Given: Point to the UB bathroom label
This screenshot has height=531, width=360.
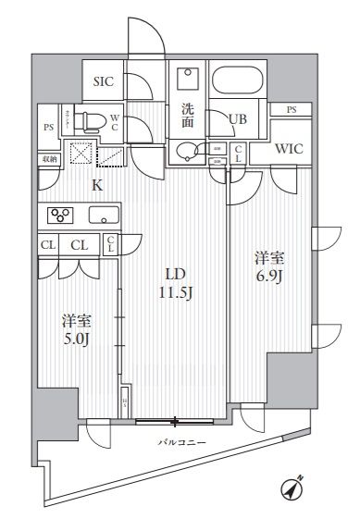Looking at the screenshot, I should [x=237, y=118].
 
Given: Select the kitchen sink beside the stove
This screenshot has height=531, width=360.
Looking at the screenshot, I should [x=105, y=216].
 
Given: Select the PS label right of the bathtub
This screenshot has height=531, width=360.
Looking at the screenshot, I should [x=292, y=110].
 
